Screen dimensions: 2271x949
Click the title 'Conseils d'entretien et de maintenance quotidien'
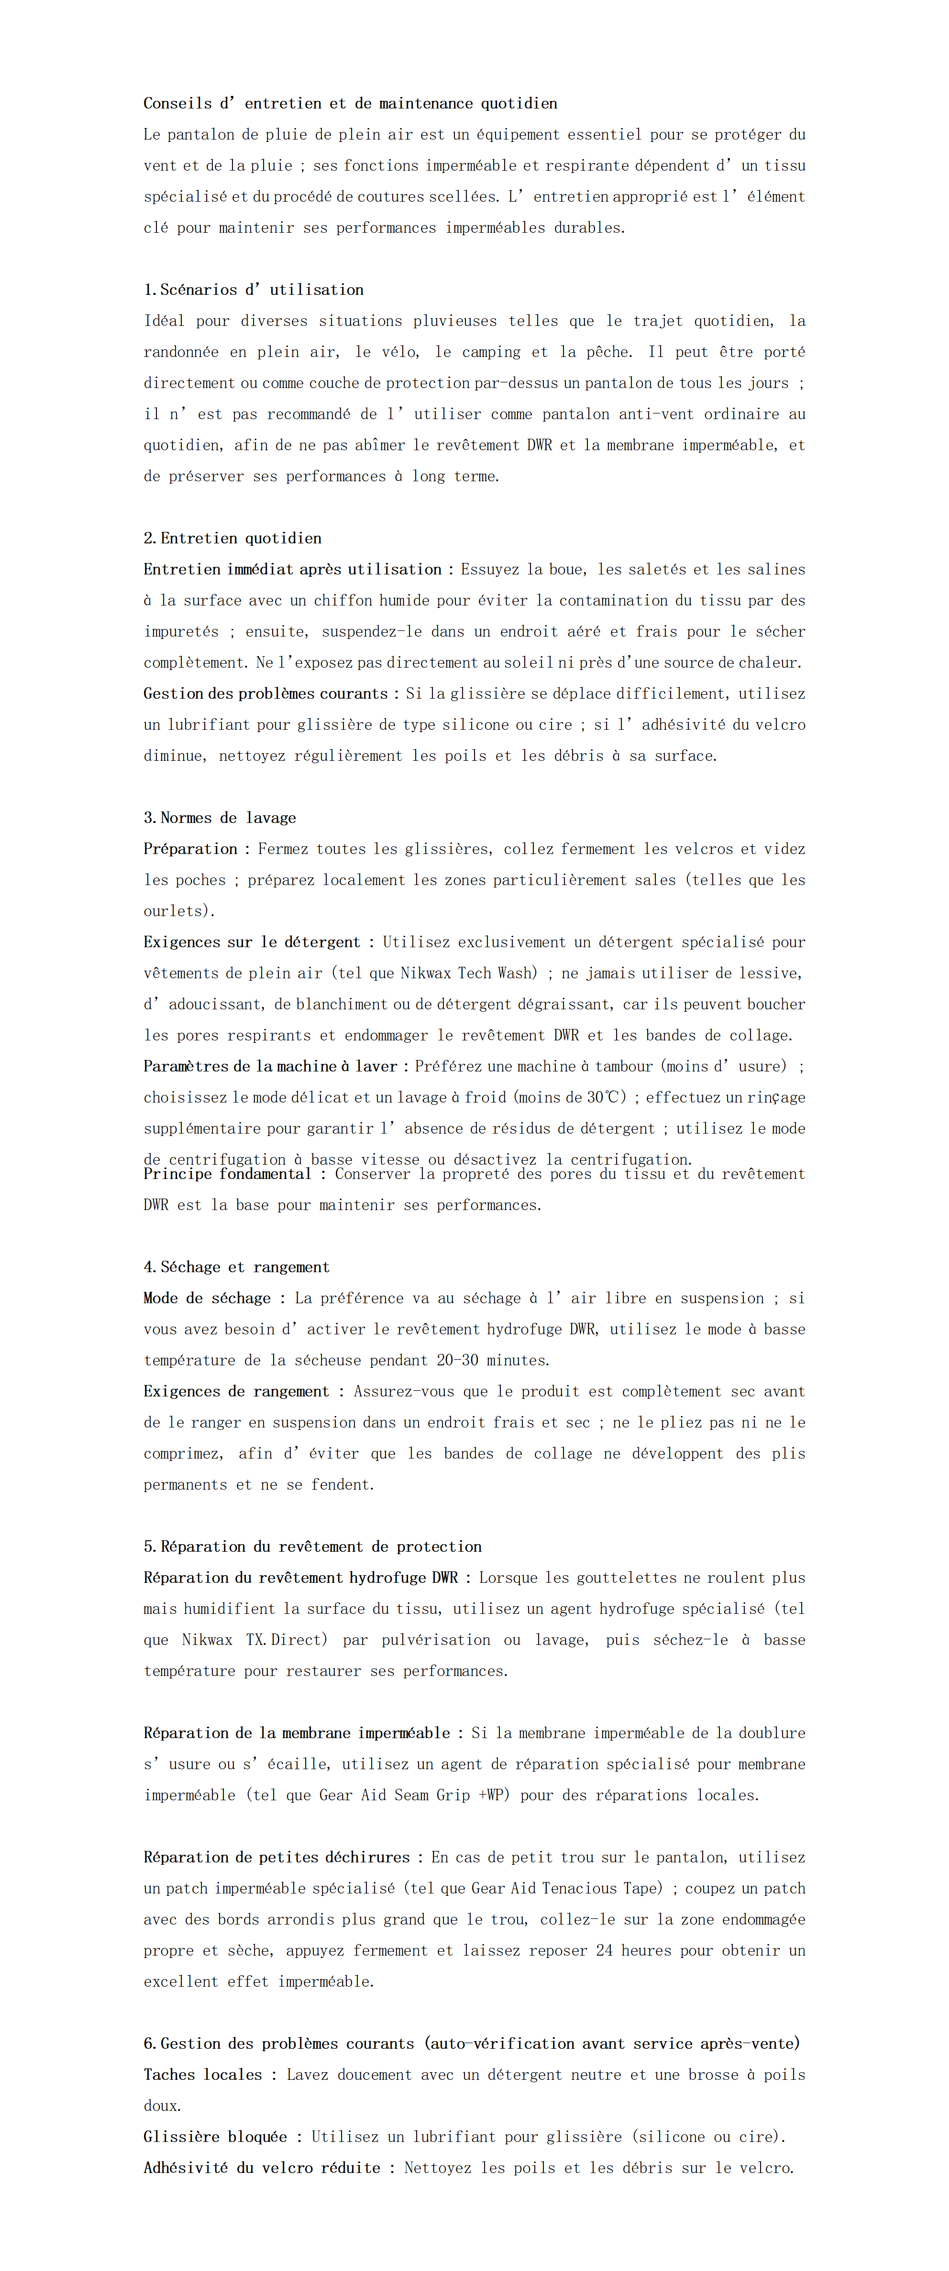[x=350, y=103]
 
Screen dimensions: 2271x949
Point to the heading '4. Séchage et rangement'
[x=236, y=1267]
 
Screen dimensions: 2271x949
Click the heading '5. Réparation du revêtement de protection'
[x=312, y=1546]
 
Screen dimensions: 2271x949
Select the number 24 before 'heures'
[x=604, y=1950]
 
